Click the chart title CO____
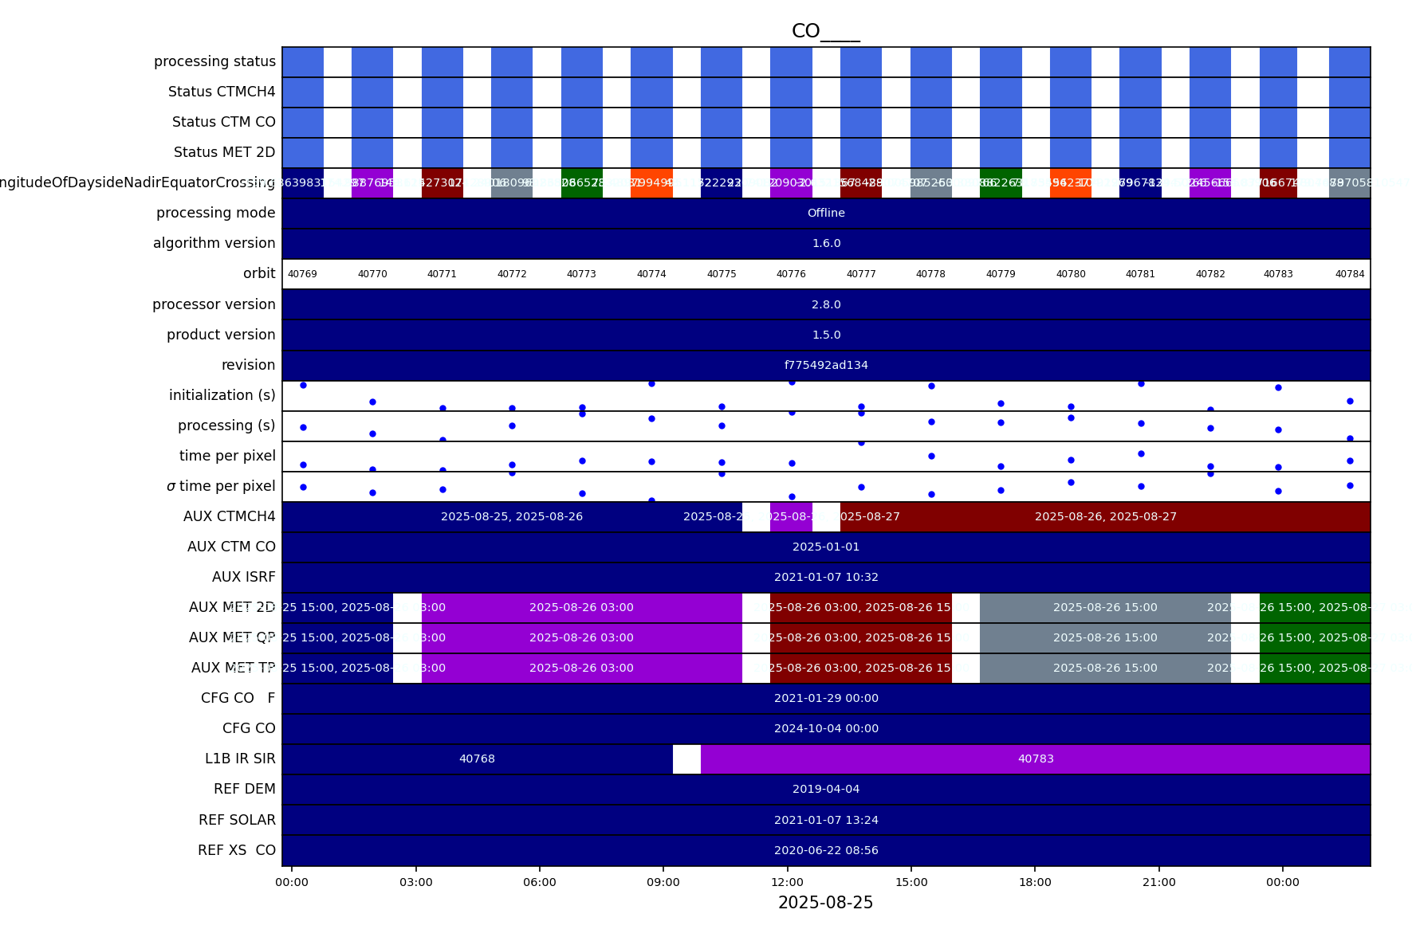[x=825, y=31]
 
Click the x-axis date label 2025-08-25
[x=825, y=903]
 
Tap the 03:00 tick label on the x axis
[x=415, y=882]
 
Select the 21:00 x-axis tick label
[x=1158, y=882]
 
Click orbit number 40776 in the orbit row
[x=791, y=274]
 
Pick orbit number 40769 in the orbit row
[x=302, y=274]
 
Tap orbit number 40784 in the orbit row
[x=1350, y=274]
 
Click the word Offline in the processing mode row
[x=826, y=214]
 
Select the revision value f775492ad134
[x=826, y=366]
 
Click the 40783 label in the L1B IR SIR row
[x=1036, y=759]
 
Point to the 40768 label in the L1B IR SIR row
[x=477, y=759]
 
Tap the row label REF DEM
[x=244, y=790]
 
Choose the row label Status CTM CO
[x=223, y=123]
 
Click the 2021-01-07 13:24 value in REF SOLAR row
[x=826, y=821]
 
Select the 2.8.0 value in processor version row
[x=826, y=305]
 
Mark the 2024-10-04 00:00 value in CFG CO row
[x=826, y=729]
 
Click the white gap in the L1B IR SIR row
[x=686, y=759]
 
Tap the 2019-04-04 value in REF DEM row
[x=826, y=790]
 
